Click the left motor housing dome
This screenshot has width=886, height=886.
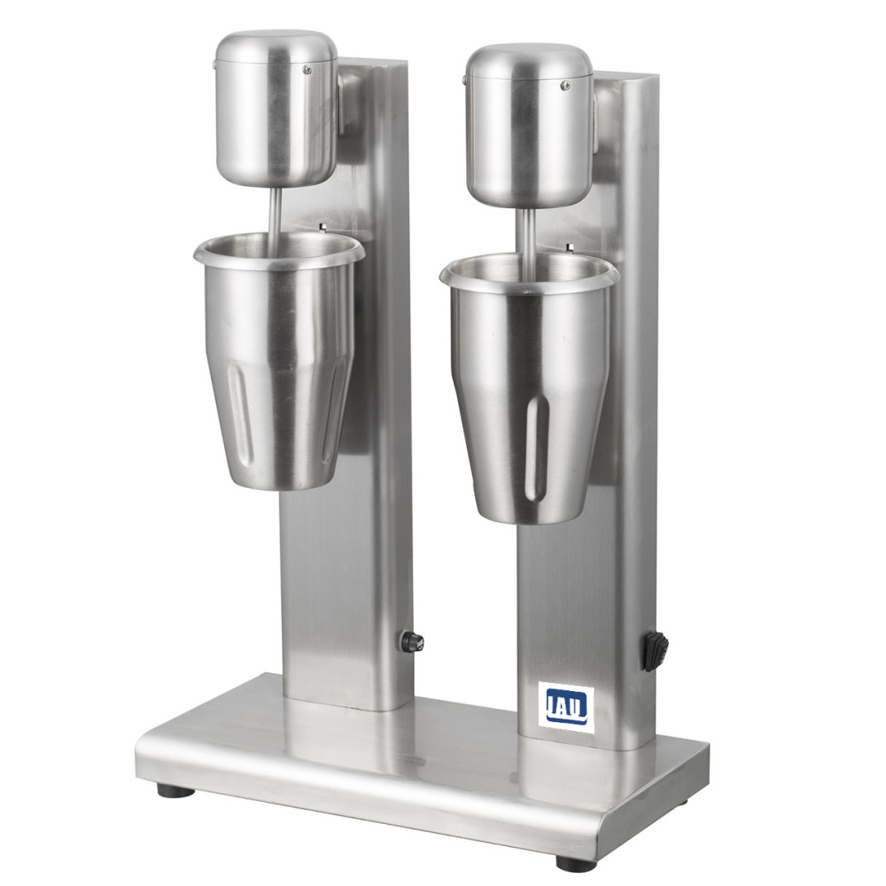(276, 108)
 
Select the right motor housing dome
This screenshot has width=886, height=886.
(528, 126)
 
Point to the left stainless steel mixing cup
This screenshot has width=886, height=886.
(276, 357)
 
